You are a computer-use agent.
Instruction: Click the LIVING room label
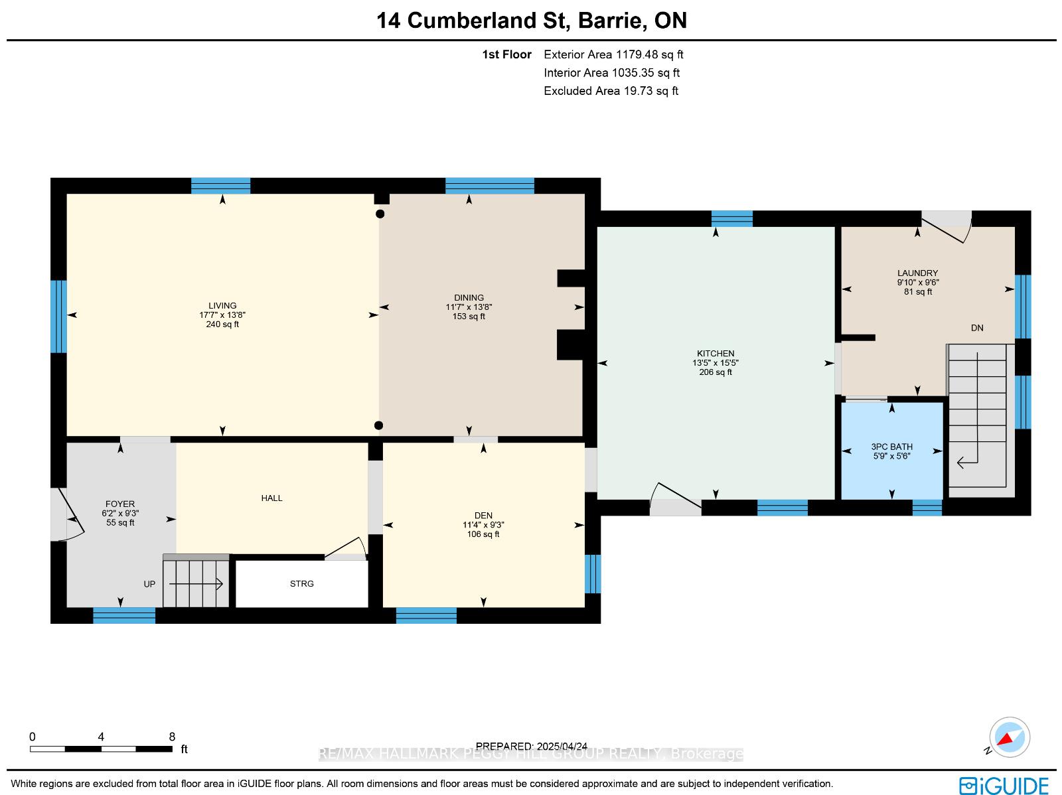(222, 306)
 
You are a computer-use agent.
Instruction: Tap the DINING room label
(469, 297)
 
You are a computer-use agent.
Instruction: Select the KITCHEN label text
(716, 354)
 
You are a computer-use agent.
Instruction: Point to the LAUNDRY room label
(918, 273)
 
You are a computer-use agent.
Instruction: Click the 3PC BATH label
(892, 447)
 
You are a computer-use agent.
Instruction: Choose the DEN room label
(483, 516)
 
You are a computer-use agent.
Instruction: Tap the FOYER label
(120, 504)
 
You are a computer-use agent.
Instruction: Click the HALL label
(272, 498)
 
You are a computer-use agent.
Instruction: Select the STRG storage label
(302, 584)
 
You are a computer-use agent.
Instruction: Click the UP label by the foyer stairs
(149, 584)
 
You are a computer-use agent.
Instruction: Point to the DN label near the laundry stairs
(977, 328)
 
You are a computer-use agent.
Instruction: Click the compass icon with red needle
(1010, 737)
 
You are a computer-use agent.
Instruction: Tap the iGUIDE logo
(1004, 785)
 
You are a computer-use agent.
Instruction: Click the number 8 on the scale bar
(172, 737)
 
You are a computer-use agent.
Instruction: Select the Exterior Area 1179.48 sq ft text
(613, 54)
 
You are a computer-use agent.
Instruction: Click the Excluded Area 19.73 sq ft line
(611, 91)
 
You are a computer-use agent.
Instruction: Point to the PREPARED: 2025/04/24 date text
(532, 747)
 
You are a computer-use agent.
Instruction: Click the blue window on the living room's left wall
(58, 317)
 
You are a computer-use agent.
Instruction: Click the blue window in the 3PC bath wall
(927, 508)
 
